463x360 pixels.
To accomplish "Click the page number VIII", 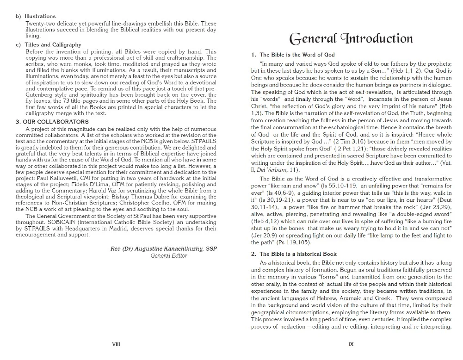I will point(117,344).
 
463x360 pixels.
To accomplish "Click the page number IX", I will point(351,344).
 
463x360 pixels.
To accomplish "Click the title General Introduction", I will point(351,38).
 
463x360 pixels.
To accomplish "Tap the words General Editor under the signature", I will point(169,255).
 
